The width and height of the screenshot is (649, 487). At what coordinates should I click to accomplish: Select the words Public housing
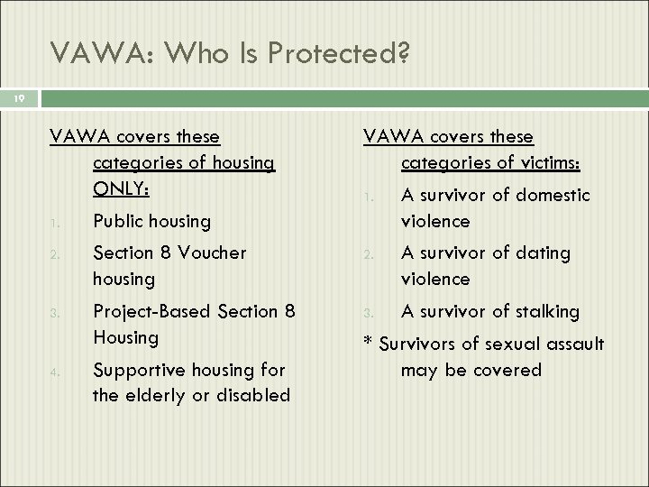[151, 221]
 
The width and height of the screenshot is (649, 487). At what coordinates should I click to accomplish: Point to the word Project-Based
[152, 311]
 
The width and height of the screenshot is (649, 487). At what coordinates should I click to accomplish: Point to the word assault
[573, 344]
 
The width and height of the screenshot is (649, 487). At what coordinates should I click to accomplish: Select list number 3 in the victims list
[368, 314]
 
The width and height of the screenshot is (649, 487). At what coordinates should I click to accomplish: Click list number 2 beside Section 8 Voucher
[54, 255]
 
